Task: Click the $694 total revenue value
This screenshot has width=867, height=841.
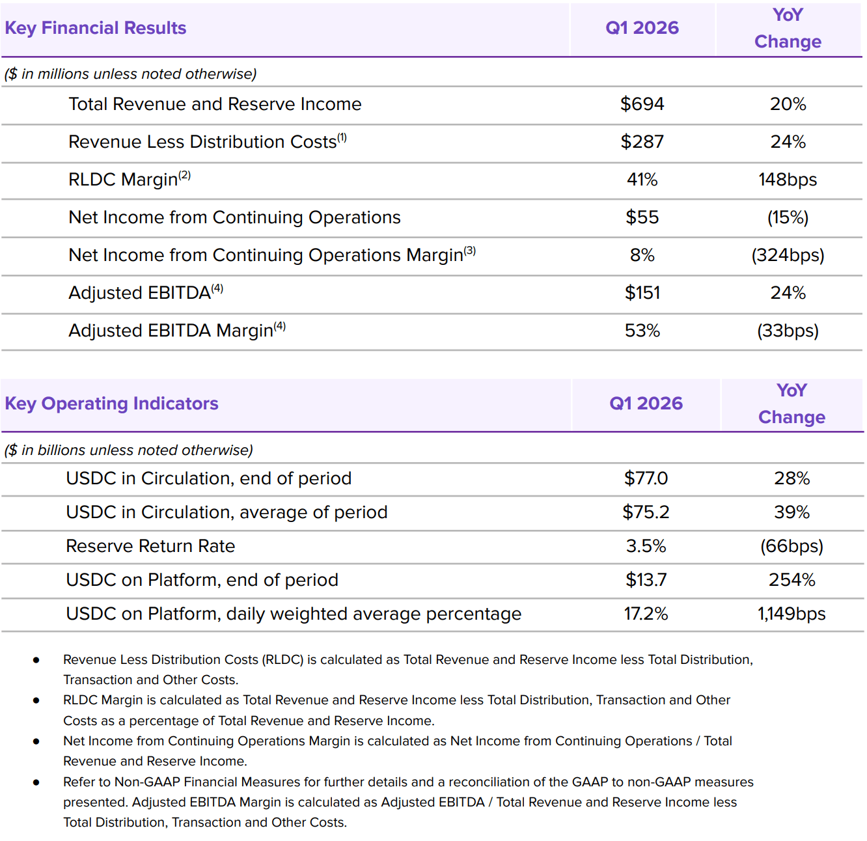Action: click(642, 104)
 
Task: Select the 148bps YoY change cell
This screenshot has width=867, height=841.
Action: click(788, 180)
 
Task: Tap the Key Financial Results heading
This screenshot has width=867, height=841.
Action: click(95, 28)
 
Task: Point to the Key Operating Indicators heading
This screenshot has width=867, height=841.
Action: click(111, 404)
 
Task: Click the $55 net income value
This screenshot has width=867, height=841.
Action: click(642, 217)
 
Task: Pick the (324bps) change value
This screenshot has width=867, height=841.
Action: click(788, 255)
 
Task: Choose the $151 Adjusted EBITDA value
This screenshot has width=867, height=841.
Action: click(642, 293)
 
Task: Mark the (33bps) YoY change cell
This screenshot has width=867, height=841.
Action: click(788, 331)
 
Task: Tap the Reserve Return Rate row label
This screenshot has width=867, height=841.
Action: click(150, 546)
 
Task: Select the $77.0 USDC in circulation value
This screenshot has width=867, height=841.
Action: click(646, 478)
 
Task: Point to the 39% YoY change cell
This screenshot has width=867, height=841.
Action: click(791, 512)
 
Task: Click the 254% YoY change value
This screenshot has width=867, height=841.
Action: click(791, 580)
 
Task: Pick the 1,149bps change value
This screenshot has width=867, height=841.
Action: click(791, 614)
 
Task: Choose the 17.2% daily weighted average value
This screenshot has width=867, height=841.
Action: click(646, 614)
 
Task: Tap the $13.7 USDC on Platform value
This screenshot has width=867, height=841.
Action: click(646, 580)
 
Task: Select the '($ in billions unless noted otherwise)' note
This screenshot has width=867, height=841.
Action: click(128, 450)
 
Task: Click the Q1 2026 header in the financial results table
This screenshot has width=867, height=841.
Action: click(642, 28)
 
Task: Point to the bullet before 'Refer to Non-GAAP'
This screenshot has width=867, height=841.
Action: click(36, 782)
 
